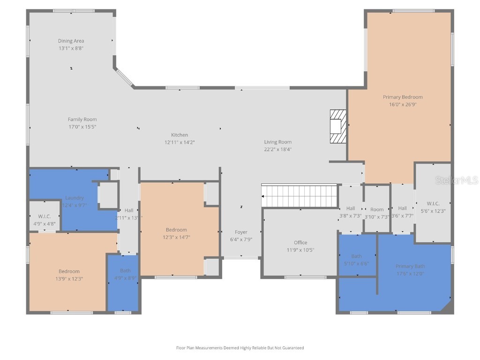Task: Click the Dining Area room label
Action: click(x=71, y=41)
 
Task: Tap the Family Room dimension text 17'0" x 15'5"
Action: click(x=82, y=127)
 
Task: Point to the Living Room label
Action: click(x=277, y=142)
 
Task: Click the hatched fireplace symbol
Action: click(x=337, y=126)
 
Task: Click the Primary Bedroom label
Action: click(x=403, y=97)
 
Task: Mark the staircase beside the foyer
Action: click(x=299, y=195)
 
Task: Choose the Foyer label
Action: click(x=241, y=232)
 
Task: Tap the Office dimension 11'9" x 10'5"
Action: click(x=300, y=250)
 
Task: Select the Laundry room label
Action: click(x=75, y=198)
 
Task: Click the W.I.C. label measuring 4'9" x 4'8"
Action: click(x=44, y=216)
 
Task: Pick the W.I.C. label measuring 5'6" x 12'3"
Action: click(x=433, y=203)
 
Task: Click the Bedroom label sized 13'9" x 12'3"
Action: click(x=69, y=271)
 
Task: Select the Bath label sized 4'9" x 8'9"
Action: click(x=125, y=270)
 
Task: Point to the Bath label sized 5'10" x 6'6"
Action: click(x=357, y=256)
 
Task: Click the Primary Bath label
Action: click(x=410, y=266)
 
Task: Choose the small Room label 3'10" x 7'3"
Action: click(x=377, y=210)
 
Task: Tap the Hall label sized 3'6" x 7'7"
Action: click(x=402, y=208)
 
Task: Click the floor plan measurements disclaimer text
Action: click(x=240, y=348)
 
